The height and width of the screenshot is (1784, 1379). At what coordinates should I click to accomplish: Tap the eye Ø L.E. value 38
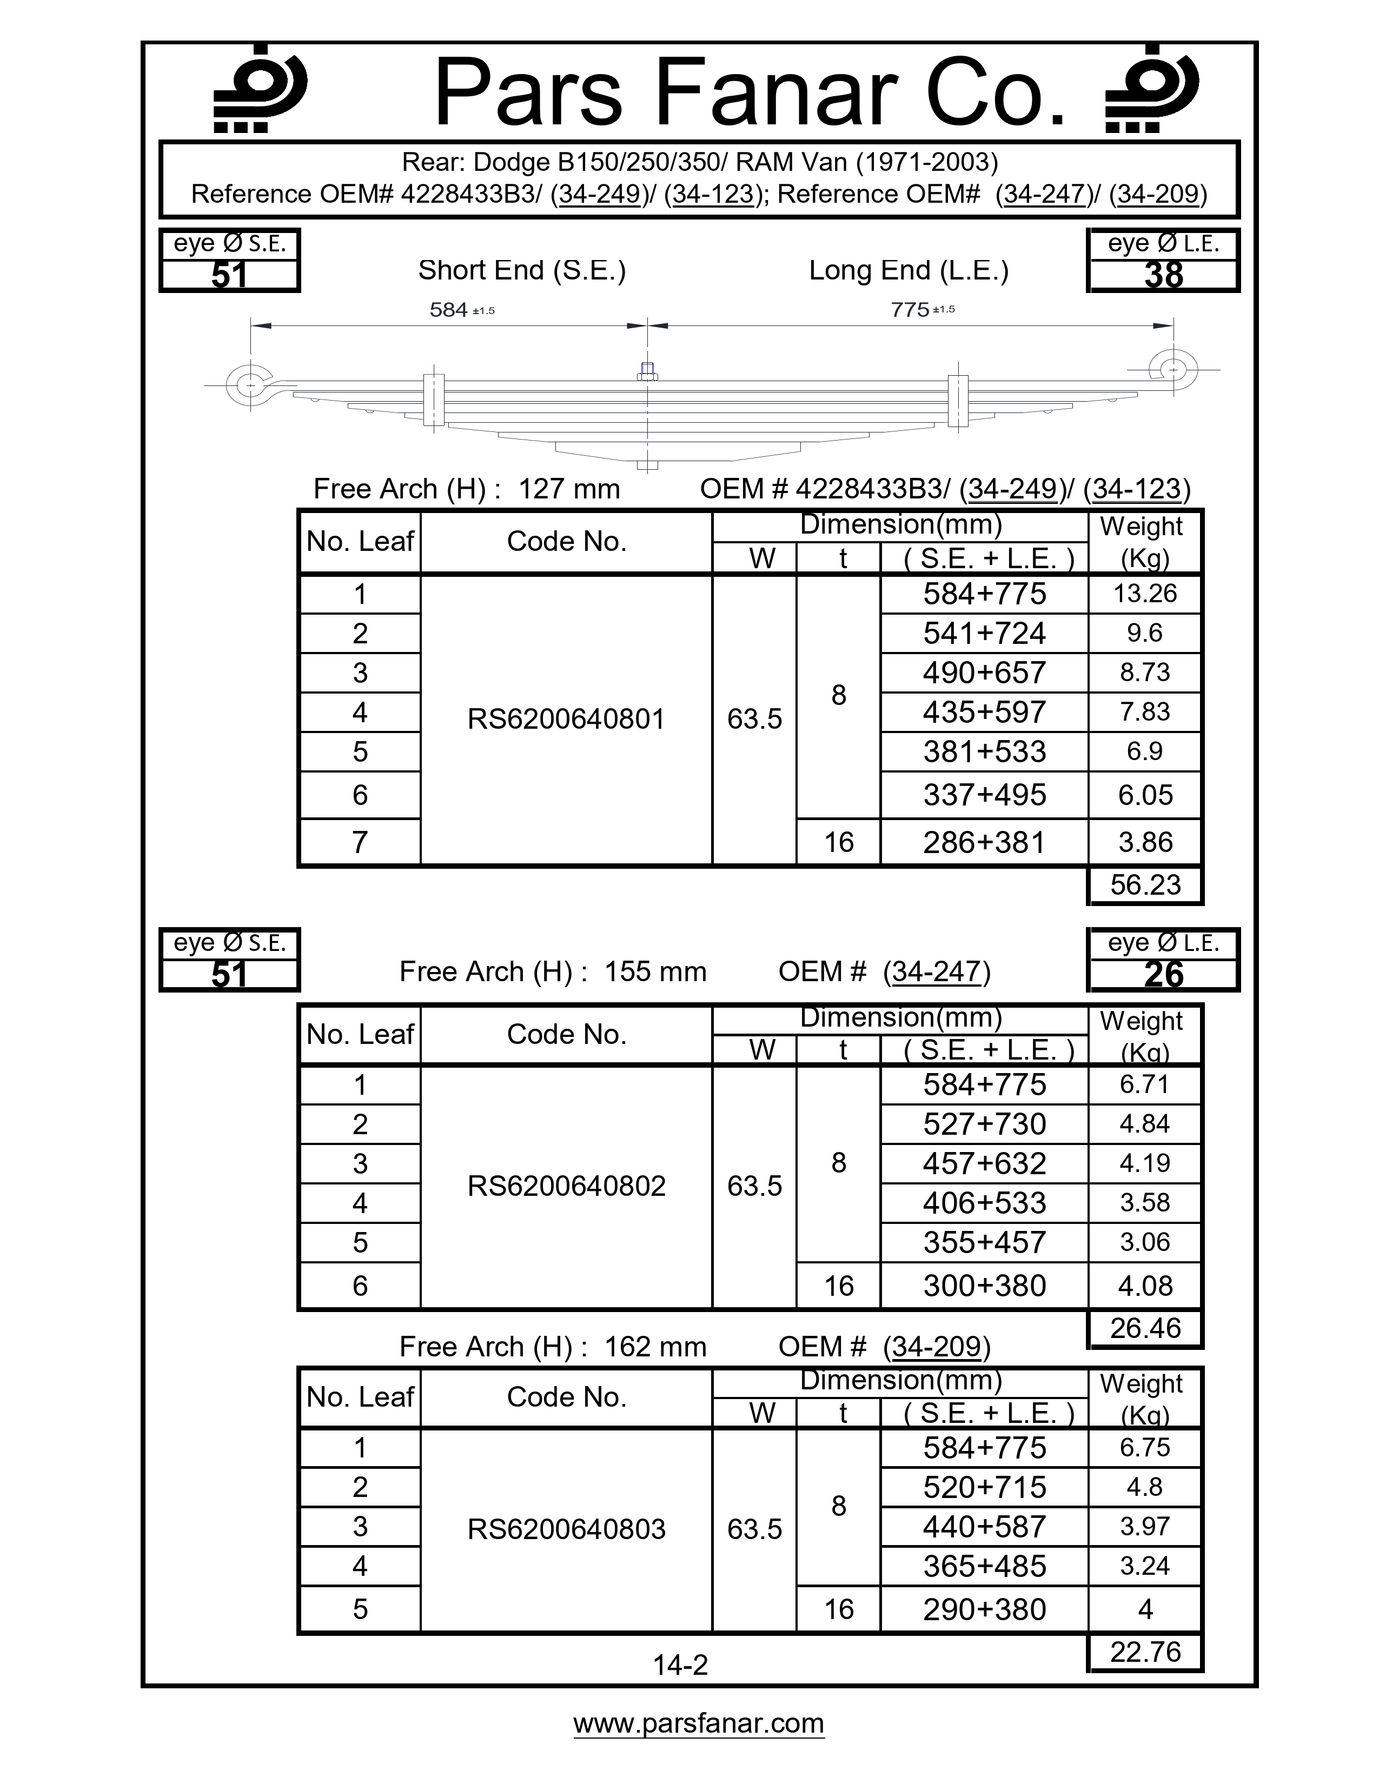click(x=1163, y=275)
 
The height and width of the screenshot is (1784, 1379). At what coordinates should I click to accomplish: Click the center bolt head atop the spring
click(x=647, y=372)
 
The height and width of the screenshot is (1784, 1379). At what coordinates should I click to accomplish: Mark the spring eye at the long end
click(x=1173, y=370)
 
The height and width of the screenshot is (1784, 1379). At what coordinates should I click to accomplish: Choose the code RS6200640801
click(x=566, y=719)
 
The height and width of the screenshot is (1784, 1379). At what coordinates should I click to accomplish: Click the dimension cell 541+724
click(x=984, y=633)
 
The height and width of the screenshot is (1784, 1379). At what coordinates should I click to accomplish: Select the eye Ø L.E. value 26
click(x=1163, y=975)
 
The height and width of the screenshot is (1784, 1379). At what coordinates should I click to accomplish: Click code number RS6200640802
click(x=566, y=1185)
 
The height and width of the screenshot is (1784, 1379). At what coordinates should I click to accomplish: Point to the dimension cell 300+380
click(x=984, y=1286)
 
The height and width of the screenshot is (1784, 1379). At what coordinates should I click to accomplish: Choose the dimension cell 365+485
click(x=984, y=1566)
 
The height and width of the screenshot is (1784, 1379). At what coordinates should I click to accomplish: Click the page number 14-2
click(x=680, y=1664)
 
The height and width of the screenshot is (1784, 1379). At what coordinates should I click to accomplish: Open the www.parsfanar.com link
click(x=699, y=1723)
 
